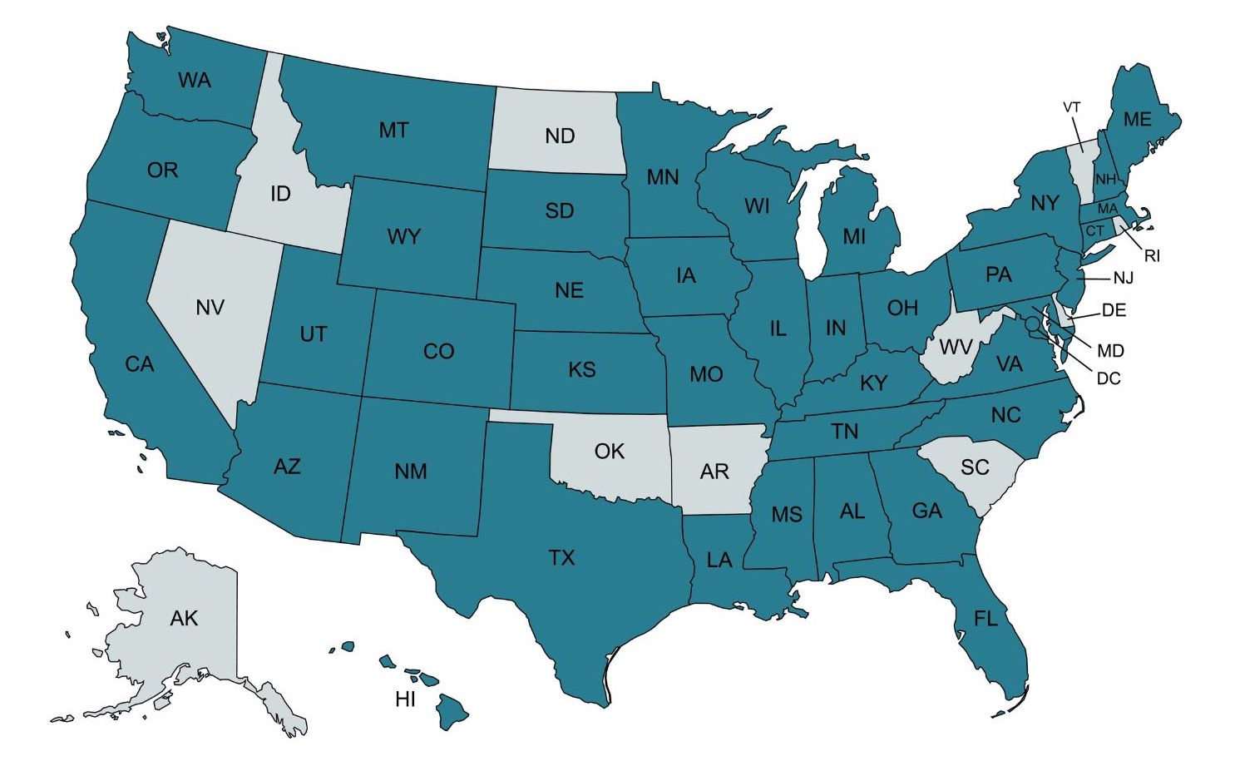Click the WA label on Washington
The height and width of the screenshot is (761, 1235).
click(195, 81)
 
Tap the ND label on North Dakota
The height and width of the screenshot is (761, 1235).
click(560, 136)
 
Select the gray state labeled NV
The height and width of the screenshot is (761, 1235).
click(210, 308)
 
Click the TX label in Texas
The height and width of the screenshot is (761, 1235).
click(562, 557)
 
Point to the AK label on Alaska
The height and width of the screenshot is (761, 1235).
click(184, 618)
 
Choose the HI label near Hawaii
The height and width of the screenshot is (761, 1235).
click(405, 699)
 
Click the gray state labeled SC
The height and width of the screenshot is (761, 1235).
click(975, 467)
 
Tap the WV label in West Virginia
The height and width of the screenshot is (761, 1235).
click(956, 348)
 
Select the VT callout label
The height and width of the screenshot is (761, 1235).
click(1071, 107)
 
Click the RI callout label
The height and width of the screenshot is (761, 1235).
click(1152, 256)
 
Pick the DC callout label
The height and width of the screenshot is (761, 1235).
click(1108, 378)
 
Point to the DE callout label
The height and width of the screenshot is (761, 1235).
click(1114, 310)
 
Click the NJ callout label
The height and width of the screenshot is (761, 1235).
click(1123, 278)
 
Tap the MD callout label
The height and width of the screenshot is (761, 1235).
click(1110, 351)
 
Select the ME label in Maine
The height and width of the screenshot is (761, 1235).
click(1138, 120)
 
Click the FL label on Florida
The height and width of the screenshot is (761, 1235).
click(986, 619)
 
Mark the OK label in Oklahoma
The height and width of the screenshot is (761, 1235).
click(609, 452)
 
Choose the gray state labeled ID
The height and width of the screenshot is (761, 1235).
click(280, 194)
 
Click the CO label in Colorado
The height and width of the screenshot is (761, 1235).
click(438, 351)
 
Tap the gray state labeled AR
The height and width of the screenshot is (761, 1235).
click(714, 472)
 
